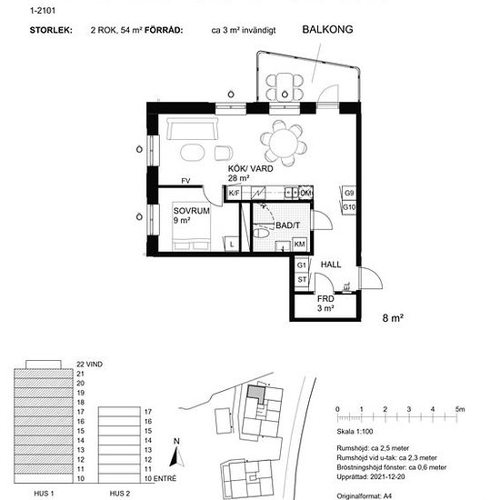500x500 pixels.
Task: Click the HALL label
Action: pos(330,265)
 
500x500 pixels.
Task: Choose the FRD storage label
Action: pos(325,298)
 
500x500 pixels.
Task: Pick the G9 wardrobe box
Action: pos(348,194)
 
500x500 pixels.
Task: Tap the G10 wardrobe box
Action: pos(348,207)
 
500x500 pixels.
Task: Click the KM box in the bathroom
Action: pos(299,245)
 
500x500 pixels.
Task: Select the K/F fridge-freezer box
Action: pos(234,194)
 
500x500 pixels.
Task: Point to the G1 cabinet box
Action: pos(302,264)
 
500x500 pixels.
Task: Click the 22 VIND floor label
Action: pos(93,363)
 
